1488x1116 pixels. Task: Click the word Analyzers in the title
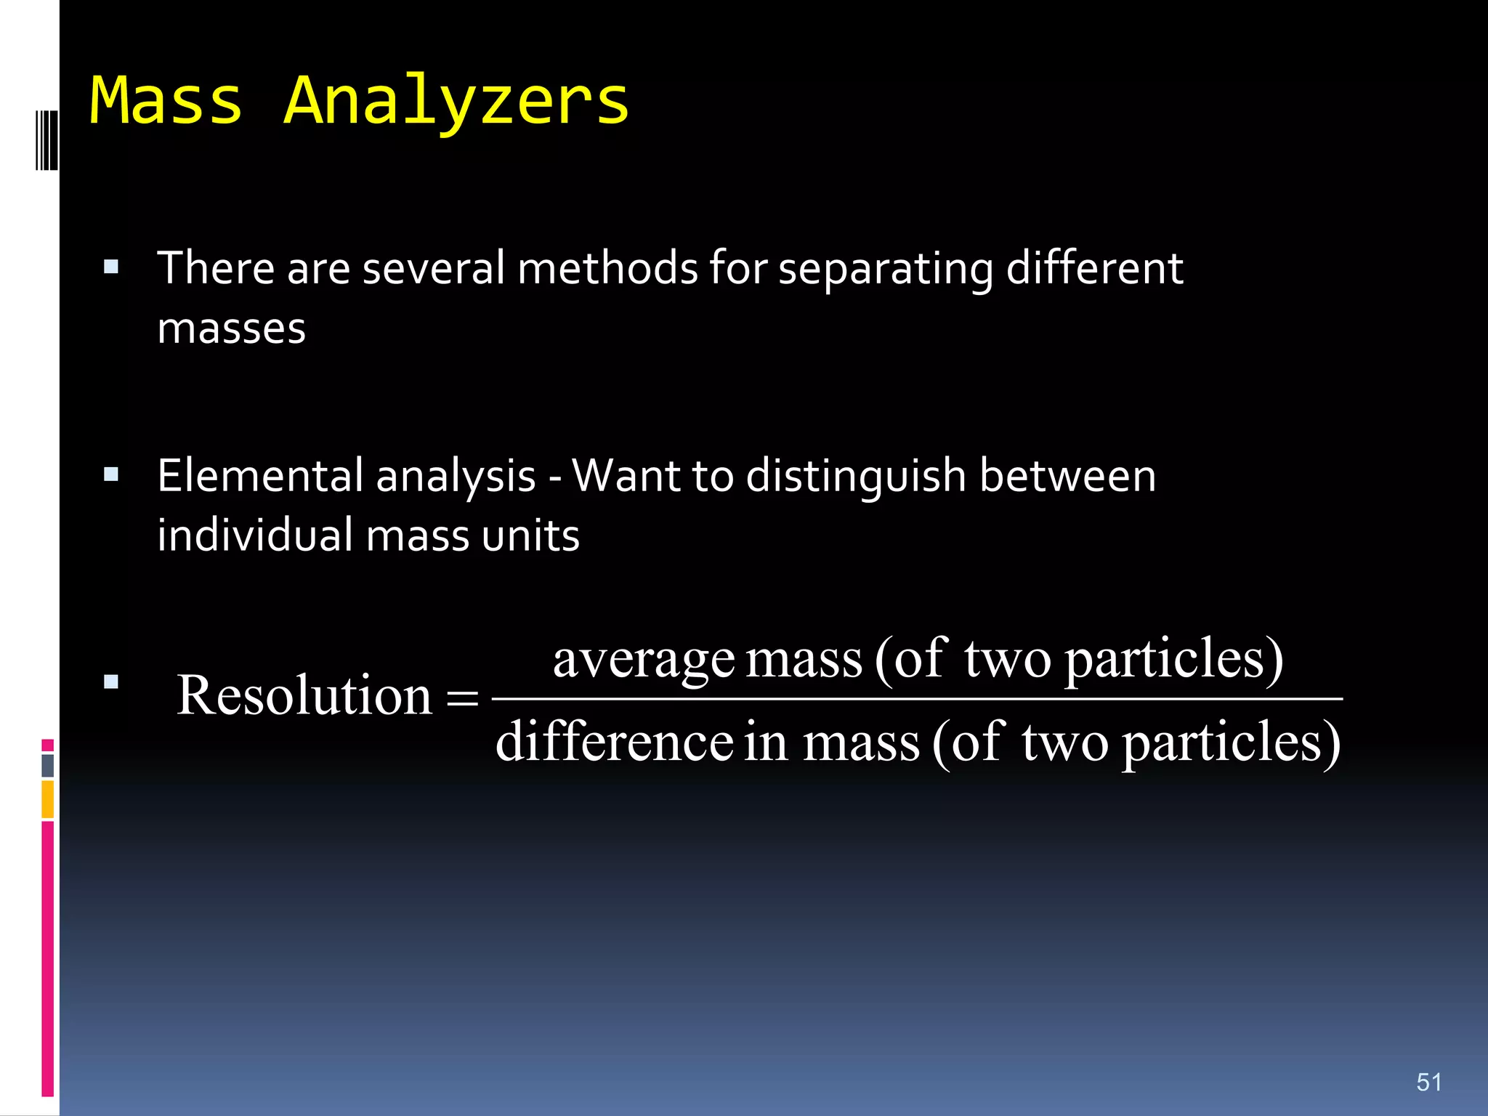pos(456,102)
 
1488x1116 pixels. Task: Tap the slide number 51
pos(1428,1082)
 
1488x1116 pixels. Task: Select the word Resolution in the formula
pos(304,695)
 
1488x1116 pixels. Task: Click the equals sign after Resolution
pos(462,700)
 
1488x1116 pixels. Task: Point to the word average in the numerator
pos(644,660)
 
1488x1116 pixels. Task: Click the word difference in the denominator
pos(614,742)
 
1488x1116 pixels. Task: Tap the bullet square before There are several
pos(111,267)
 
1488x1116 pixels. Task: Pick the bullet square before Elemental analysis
pos(111,475)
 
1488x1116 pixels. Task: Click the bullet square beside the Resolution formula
pos(111,682)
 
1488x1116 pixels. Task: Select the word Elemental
pos(261,476)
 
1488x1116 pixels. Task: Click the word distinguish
pos(856,477)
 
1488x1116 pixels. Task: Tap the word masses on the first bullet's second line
pos(231,328)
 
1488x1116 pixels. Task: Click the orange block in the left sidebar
pos(47,798)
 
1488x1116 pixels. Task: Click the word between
pos(1067,476)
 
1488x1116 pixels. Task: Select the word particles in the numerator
pos(1173,660)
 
